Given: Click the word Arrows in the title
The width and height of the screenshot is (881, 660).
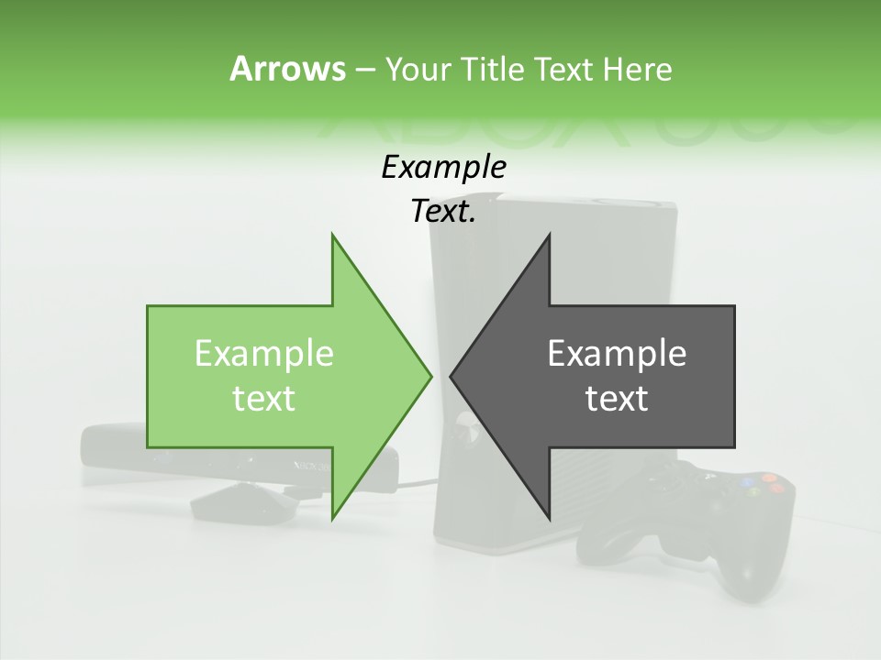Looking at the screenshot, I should (x=287, y=69).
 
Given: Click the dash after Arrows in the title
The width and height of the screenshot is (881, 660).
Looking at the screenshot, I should (x=364, y=70).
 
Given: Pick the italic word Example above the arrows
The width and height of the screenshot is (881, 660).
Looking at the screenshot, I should (x=443, y=168).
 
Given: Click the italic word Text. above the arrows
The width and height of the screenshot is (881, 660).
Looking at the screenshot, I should (x=443, y=212).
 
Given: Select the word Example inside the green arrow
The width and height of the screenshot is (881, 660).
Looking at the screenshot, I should (x=264, y=354).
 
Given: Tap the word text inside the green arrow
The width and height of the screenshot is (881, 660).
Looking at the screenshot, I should (x=264, y=399).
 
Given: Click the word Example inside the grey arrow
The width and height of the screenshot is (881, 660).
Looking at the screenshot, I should (x=617, y=354).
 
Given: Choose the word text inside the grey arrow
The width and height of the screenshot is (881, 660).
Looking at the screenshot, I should (x=617, y=399).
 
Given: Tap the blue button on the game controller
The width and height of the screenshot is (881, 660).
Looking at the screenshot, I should (x=749, y=479).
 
